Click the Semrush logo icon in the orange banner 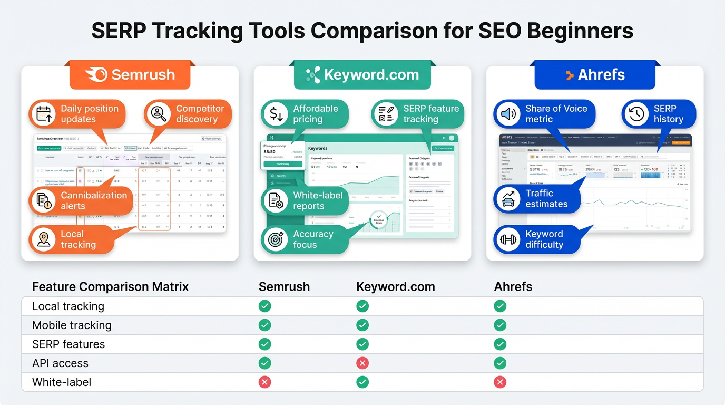[97, 75]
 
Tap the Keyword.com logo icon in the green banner [313, 75]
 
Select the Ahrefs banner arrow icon [569, 75]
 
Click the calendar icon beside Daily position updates [43, 114]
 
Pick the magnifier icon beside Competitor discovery [158, 114]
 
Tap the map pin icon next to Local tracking [43, 239]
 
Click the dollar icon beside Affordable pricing [275, 114]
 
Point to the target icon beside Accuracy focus [275, 239]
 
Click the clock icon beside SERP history [636, 114]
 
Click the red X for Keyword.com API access [362, 363]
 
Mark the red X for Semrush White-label [265, 382]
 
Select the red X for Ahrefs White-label [500, 382]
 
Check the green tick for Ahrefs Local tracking [500, 306]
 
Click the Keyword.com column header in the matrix [396, 287]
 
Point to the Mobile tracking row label [72, 325]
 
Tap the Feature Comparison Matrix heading [110, 287]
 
